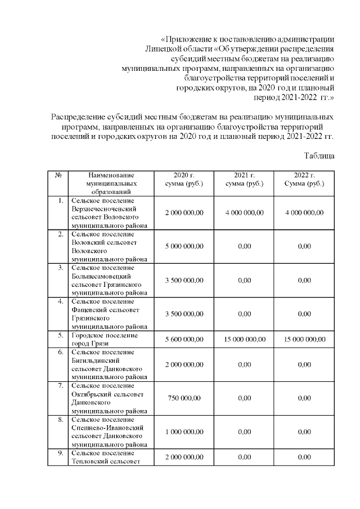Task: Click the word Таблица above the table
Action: click(319, 155)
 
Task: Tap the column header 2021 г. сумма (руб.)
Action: click(245, 179)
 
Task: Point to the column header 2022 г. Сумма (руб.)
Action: click(304, 179)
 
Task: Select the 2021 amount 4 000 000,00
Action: click(245, 213)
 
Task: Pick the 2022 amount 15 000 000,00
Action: click(304, 340)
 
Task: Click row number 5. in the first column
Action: click(59, 335)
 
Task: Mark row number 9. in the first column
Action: click(59, 453)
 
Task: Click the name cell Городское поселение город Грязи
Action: click(105, 340)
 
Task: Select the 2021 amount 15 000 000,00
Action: click(245, 340)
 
